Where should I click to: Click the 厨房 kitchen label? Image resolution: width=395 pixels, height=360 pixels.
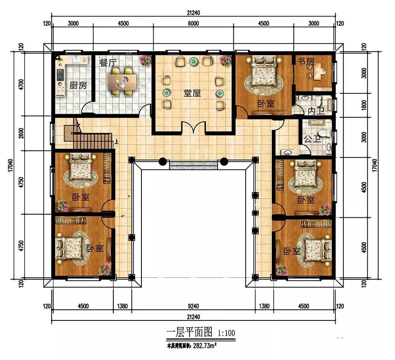click(x=78, y=85)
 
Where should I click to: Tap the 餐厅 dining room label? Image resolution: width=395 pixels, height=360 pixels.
click(x=108, y=62)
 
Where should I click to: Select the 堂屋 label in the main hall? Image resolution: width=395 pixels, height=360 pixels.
click(x=192, y=93)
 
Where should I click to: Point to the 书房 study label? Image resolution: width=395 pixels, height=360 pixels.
click(x=306, y=61)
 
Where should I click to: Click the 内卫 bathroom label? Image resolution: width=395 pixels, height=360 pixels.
click(x=316, y=111)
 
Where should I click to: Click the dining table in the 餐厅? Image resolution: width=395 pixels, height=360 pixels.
click(x=122, y=82)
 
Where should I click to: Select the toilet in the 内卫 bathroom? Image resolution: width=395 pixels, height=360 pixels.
click(x=318, y=101)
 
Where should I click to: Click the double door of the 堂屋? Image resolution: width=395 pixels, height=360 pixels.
click(x=194, y=127)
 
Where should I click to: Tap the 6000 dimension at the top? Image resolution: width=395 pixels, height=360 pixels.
click(x=193, y=23)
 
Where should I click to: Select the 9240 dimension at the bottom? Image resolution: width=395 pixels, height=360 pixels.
click(x=193, y=306)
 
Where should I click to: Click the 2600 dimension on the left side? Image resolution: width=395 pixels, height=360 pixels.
click(x=21, y=133)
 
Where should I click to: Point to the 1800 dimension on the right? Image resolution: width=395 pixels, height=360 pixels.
click(x=363, y=105)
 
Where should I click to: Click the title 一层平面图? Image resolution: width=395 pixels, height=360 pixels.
click(x=190, y=332)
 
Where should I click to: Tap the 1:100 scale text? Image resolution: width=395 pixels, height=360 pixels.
click(x=226, y=333)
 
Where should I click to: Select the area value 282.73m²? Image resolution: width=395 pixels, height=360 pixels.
click(x=205, y=346)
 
